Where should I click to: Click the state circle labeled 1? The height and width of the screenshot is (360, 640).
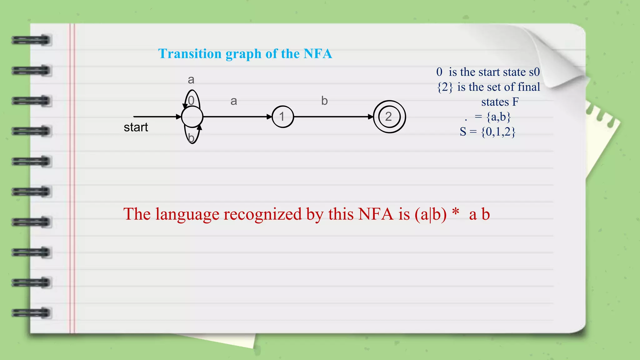coord(282,117)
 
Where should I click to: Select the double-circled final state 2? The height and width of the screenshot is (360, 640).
coord(389,117)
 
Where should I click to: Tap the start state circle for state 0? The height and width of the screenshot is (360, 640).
coord(192,117)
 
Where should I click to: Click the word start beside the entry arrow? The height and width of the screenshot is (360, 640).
coord(136,127)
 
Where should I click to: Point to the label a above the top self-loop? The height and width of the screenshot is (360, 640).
coord(191,80)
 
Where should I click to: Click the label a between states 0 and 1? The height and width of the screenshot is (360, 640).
coord(234,101)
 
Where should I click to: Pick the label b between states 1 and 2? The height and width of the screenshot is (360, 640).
coord(324,101)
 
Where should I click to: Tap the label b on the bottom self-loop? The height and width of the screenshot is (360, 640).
coord(191,137)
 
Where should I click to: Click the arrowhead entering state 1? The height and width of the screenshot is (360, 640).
coord(269,117)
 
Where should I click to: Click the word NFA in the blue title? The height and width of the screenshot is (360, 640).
coord(318,54)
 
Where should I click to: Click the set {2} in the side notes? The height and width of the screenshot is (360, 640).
coord(445,87)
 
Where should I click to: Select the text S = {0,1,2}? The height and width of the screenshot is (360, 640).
coord(487,132)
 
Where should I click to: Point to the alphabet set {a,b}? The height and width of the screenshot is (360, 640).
coord(498,117)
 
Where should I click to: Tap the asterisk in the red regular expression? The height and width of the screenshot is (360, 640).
coord(456,212)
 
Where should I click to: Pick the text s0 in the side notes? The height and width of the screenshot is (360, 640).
coord(534,72)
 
